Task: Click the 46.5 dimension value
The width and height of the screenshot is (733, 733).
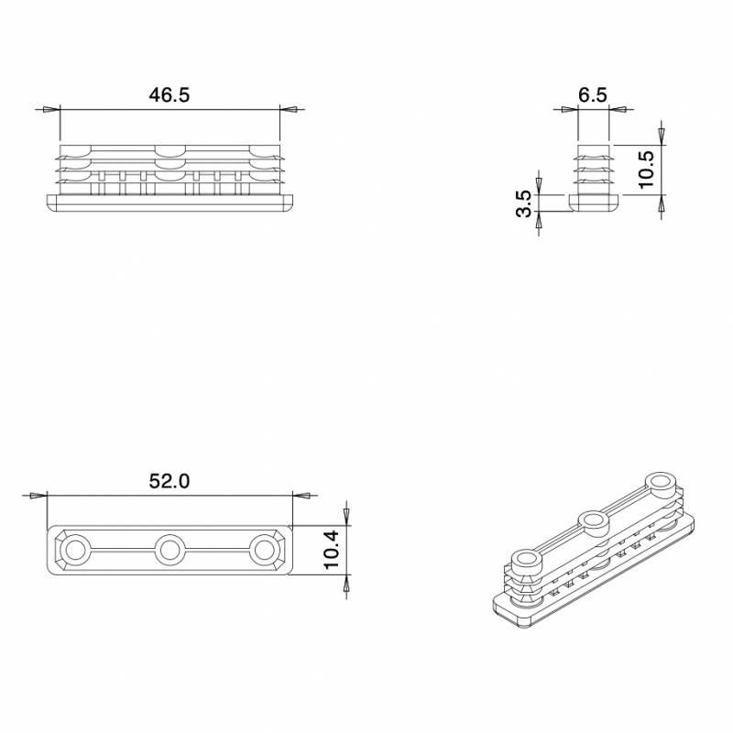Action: (x=169, y=95)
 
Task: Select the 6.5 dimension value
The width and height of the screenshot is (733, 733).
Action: (x=593, y=95)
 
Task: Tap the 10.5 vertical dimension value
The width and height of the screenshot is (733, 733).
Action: (x=645, y=169)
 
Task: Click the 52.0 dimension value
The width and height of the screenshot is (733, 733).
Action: (x=169, y=480)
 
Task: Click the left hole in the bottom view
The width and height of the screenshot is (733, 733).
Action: (x=74, y=550)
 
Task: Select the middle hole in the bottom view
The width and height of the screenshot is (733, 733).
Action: (x=169, y=550)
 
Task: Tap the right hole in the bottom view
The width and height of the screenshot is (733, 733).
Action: (x=264, y=550)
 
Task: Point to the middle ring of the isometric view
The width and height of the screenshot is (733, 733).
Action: (x=594, y=522)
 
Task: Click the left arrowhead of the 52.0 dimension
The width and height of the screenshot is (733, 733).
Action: (x=38, y=495)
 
